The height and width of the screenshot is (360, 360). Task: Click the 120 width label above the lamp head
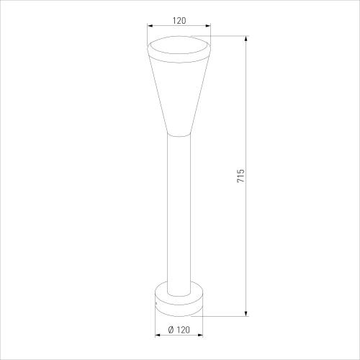coord(179,21)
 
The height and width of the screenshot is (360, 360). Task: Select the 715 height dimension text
coord(240,176)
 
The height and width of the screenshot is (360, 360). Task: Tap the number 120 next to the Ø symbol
coord(183,330)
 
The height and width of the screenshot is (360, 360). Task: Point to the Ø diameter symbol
coord(171,330)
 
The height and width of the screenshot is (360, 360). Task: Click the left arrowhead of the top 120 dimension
coord(150,25)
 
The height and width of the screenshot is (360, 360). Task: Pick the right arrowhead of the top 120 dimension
coord(207,25)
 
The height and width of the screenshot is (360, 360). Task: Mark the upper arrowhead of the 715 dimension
coord(246,39)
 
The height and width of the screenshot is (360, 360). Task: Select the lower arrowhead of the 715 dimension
coord(246,313)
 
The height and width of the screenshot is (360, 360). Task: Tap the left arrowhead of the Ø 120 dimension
coord(158,335)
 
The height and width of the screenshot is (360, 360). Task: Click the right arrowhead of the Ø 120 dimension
coord(199,335)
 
